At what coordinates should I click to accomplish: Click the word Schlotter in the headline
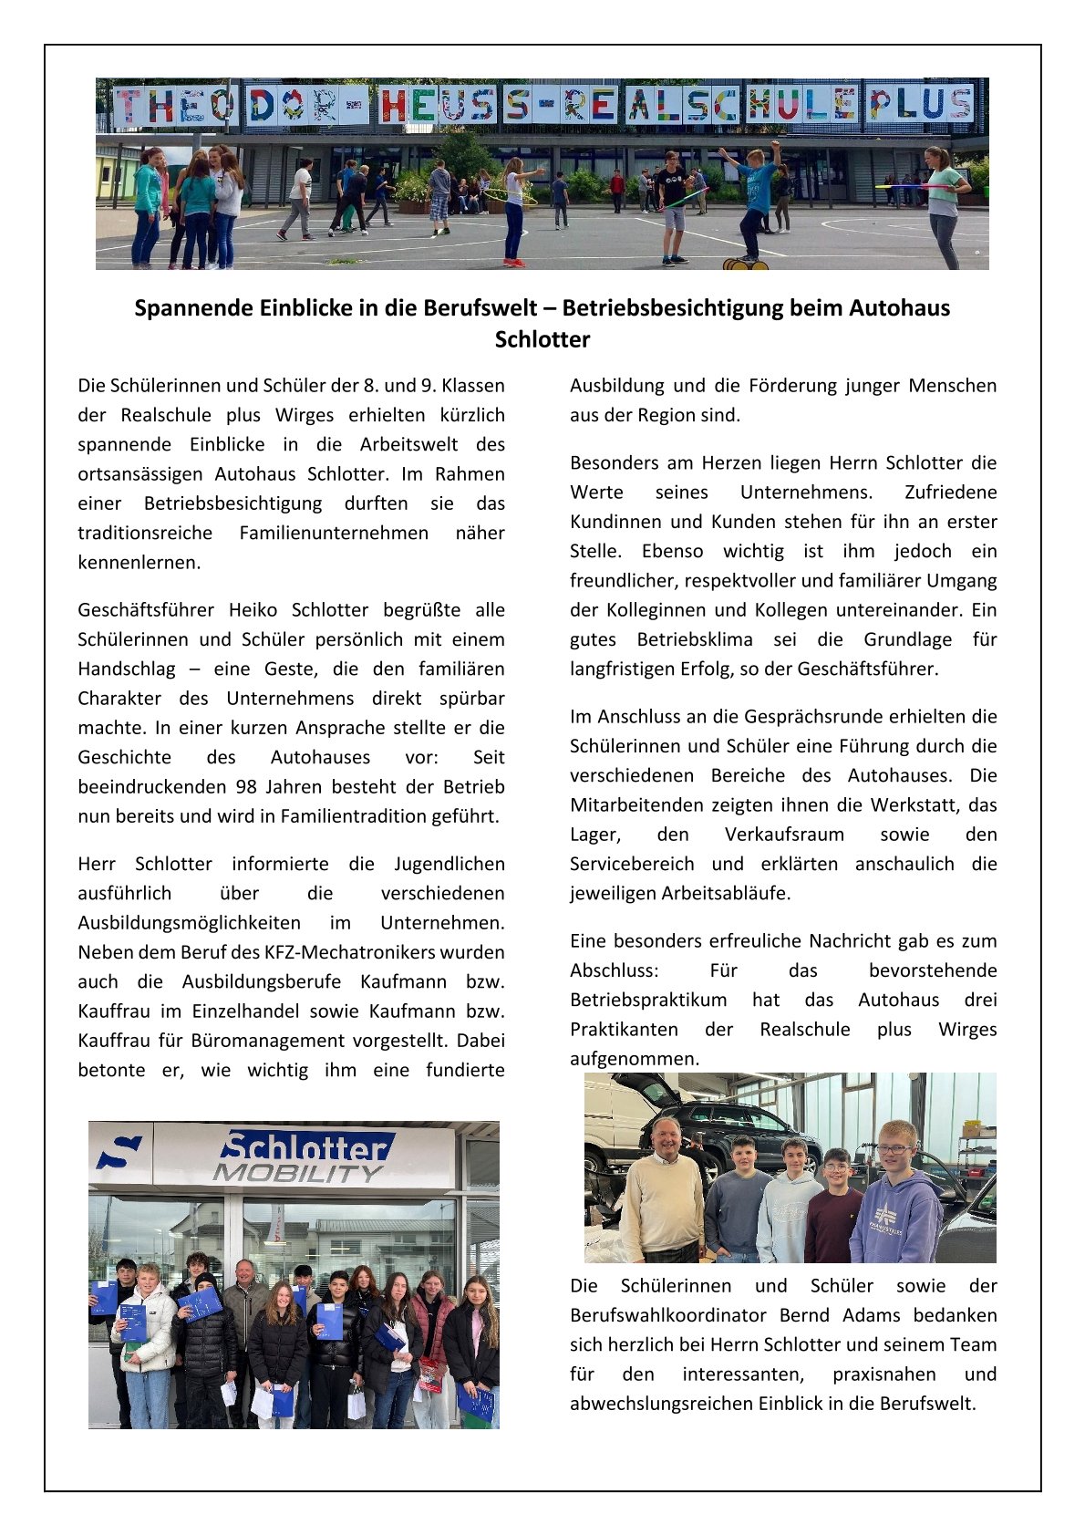point(542,339)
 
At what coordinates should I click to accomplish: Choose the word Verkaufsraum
point(784,835)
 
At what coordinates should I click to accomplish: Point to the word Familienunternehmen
point(334,533)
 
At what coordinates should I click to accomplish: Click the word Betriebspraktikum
point(648,1000)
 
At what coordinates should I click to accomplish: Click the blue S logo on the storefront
point(120,1151)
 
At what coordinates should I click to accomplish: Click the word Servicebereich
point(632,864)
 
